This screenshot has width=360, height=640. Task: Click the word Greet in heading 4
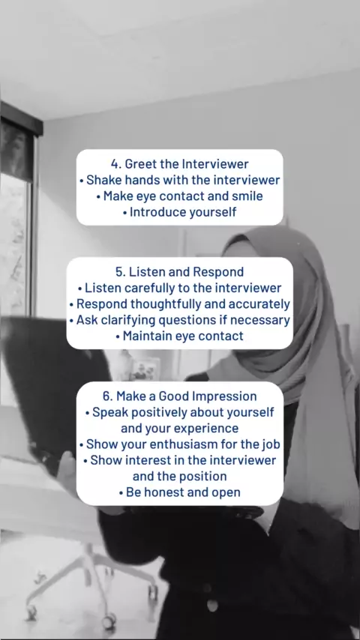click(x=138, y=164)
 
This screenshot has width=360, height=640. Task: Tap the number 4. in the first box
click(x=116, y=164)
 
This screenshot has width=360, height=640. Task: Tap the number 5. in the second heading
click(x=120, y=272)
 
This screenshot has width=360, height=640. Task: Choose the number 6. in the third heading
click(x=108, y=396)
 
